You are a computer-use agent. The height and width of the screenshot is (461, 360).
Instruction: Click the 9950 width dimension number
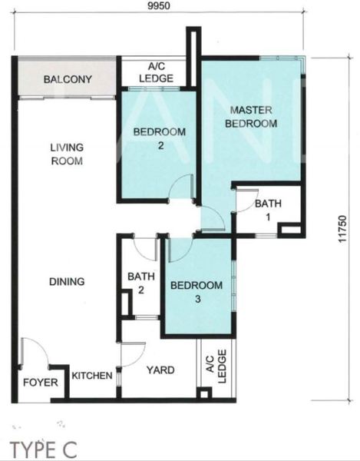tap(159, 5)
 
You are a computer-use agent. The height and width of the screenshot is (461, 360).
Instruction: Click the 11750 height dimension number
tap(342, 229)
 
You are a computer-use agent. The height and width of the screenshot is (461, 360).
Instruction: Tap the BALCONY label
tap(68, 79)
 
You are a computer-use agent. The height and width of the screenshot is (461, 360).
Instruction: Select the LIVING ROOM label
tap(67, 154)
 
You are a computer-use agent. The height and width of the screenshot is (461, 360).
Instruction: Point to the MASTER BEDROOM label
tap(251, 117)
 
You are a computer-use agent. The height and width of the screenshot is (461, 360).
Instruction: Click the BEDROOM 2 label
tap(160, 138)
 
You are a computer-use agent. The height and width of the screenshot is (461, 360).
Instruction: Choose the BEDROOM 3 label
tap(197, 292)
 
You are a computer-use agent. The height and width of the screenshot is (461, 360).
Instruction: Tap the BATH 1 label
tap(268, 211)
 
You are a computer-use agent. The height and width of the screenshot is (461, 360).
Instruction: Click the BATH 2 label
tap(141, 283)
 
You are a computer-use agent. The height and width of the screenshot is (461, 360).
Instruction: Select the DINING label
tap(67, 282)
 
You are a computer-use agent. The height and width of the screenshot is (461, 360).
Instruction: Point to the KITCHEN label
tap(92, 376)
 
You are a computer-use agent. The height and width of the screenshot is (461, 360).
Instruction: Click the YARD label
tap(160, 370)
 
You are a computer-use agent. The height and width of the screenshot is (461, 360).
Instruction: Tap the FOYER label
tap(41, 383)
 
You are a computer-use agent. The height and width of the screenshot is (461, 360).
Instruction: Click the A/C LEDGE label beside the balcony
tap(157, 72)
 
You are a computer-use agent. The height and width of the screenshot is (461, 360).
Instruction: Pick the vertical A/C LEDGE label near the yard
tap(216, 366)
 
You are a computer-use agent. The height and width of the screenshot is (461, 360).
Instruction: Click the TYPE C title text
tap(44, 449)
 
